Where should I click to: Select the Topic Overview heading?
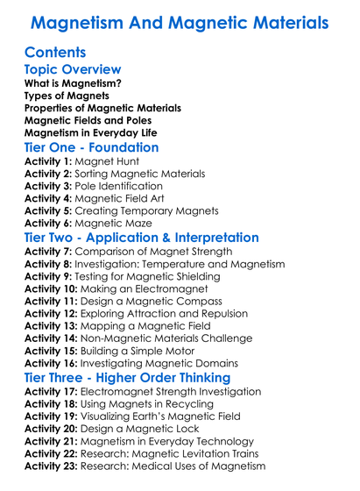pyautogui.click(x=73, y=69)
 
